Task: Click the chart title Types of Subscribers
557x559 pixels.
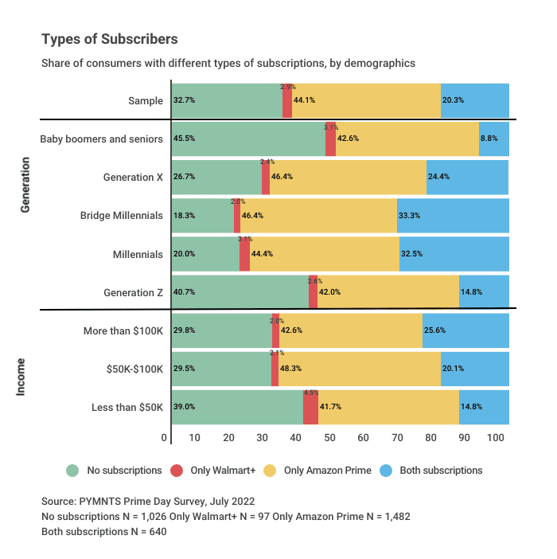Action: (110, 39)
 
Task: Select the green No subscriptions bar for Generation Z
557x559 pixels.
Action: (240, 292)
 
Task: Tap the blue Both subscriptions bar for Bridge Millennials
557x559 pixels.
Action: (453, 215)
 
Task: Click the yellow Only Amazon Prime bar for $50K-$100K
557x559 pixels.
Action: (359, 369)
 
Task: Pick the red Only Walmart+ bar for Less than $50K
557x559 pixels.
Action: (310, 407)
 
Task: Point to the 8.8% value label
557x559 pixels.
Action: (489, 139)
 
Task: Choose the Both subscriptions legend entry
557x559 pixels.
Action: (440, 471)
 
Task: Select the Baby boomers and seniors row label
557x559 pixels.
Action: (102, 139)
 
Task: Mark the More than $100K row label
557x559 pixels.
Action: (123, 330)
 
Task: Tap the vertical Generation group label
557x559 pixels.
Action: (25, 183)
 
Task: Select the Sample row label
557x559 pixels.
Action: (146, 100)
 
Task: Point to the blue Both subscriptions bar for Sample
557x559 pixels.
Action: (474, 100)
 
